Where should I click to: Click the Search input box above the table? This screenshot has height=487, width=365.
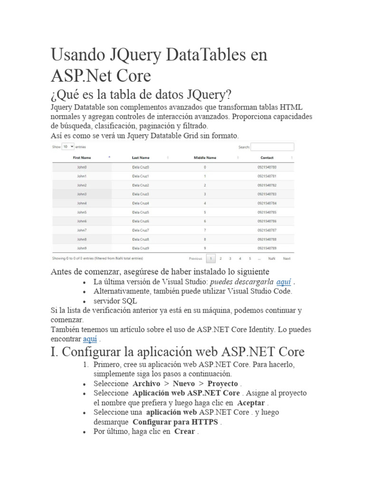272,147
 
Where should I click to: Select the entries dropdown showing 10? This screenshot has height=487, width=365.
68,147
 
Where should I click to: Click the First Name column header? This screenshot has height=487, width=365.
82,157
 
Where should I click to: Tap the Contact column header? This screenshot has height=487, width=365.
267,157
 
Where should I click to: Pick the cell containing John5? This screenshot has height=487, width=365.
82,212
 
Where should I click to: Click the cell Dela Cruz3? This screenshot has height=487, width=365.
141,194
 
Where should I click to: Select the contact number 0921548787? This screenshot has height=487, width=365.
267,230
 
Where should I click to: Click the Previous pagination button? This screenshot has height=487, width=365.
195,259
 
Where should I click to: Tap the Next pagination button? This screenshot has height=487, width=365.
287,259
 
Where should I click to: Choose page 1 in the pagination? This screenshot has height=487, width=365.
211,259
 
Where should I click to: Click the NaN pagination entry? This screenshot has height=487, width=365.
271,259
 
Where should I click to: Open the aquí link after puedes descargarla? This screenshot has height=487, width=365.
284,282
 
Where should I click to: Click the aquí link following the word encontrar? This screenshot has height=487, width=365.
90,339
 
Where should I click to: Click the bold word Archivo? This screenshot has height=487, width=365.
146,384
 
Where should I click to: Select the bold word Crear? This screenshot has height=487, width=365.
184,432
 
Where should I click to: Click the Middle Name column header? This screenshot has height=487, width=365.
205,157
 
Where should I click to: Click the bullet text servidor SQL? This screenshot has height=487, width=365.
115,301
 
